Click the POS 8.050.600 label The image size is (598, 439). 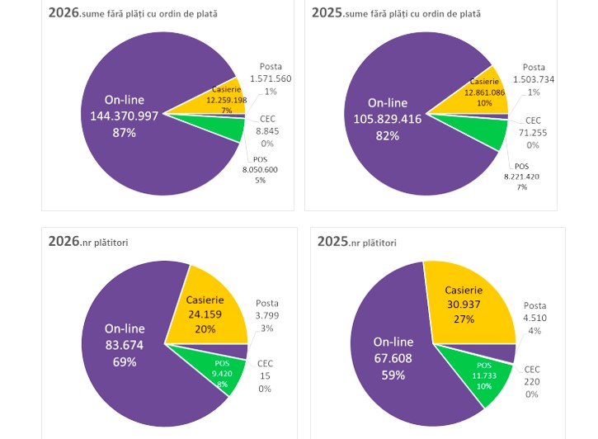coord(260,168)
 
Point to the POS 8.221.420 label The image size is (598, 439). coord(521,176)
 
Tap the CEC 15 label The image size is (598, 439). coord(265,376)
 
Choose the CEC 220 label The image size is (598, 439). coord(533,381)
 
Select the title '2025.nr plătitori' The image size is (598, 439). coord(357,242)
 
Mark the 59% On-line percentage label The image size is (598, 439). coord(393,375)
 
